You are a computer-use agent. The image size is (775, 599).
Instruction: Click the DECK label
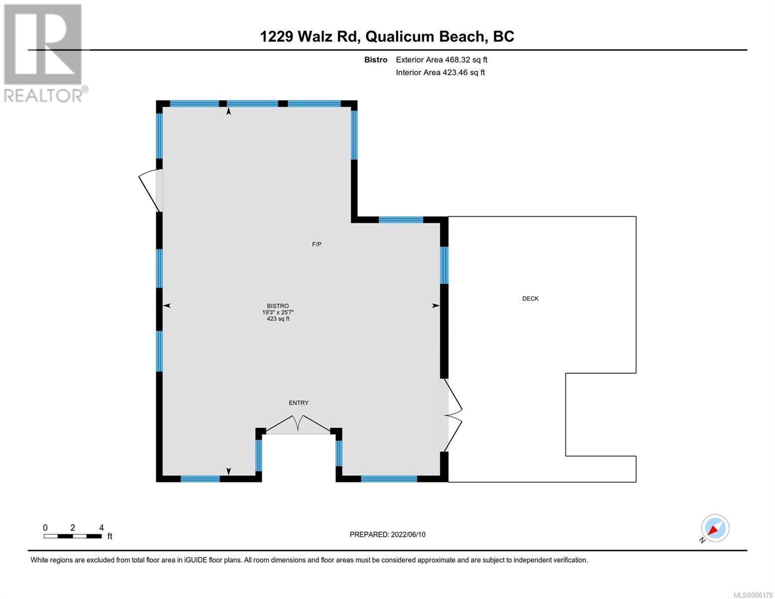pyautogui.click(x=530, y=299)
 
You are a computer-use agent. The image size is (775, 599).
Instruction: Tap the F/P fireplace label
pyautogui.click(x=316, y=245)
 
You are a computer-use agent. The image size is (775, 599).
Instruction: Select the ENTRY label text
pyautogui.click(x=298, y=403)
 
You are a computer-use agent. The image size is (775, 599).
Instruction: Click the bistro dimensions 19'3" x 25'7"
pyautogui.click(x=278, y=312)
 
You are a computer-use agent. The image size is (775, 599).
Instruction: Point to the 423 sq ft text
pyautogui.click(x=278, y=318)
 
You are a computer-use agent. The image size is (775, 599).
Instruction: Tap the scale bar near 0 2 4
pyautogui.click(x=72, y=536)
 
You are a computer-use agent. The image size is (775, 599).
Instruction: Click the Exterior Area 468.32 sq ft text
pyautogui.click(x=442, y=59)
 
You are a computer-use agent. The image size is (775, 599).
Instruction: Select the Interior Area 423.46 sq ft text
pyautogui.click(x=440, y=72)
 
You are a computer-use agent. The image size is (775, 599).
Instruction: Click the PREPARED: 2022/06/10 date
pyautogui.click(x=387, y=535)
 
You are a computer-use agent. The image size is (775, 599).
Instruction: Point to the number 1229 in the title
pyautogui.click(x=277, y=36)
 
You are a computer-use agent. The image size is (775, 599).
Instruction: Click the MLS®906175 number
pyautogui.click(x=753, y=595)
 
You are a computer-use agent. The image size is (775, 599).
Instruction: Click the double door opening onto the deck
pyautogui.click(x=453, y=415)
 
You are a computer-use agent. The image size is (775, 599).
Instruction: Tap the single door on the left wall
pyautogui.click(x=150, y=191)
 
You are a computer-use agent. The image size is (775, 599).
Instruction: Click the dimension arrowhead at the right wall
pyautogui.click(x=436, y=305)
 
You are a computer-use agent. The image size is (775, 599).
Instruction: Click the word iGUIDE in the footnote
pyautogui.click(x=196, y=560)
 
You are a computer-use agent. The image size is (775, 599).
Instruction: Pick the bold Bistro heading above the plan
pyautogui.click(x=376, y=59)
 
